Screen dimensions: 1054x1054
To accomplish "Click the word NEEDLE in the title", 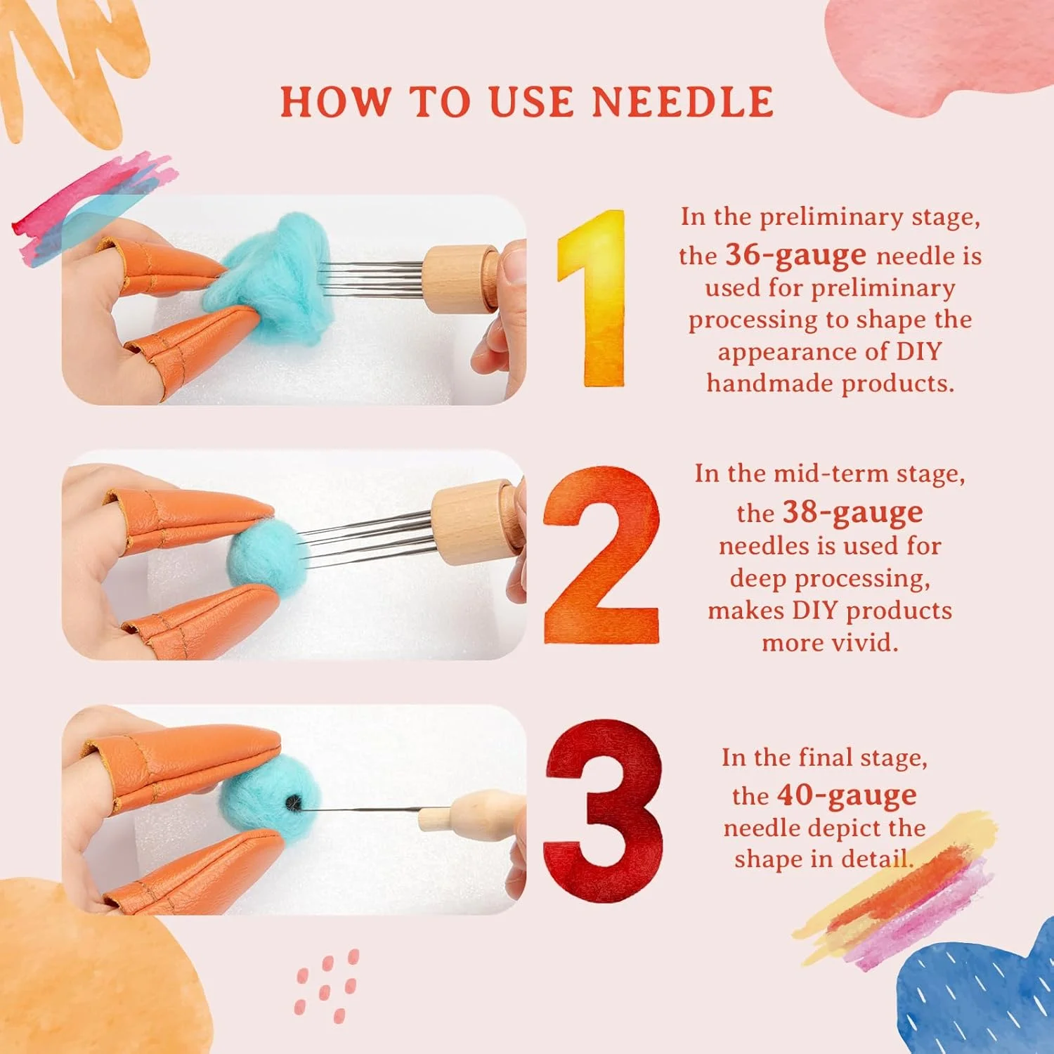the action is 682,102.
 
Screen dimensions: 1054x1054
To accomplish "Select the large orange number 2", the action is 601,554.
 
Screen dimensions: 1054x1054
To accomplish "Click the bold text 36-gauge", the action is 795,255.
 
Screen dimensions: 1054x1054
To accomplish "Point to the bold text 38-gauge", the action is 852,512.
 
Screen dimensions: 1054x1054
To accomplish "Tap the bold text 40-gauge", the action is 846,795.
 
